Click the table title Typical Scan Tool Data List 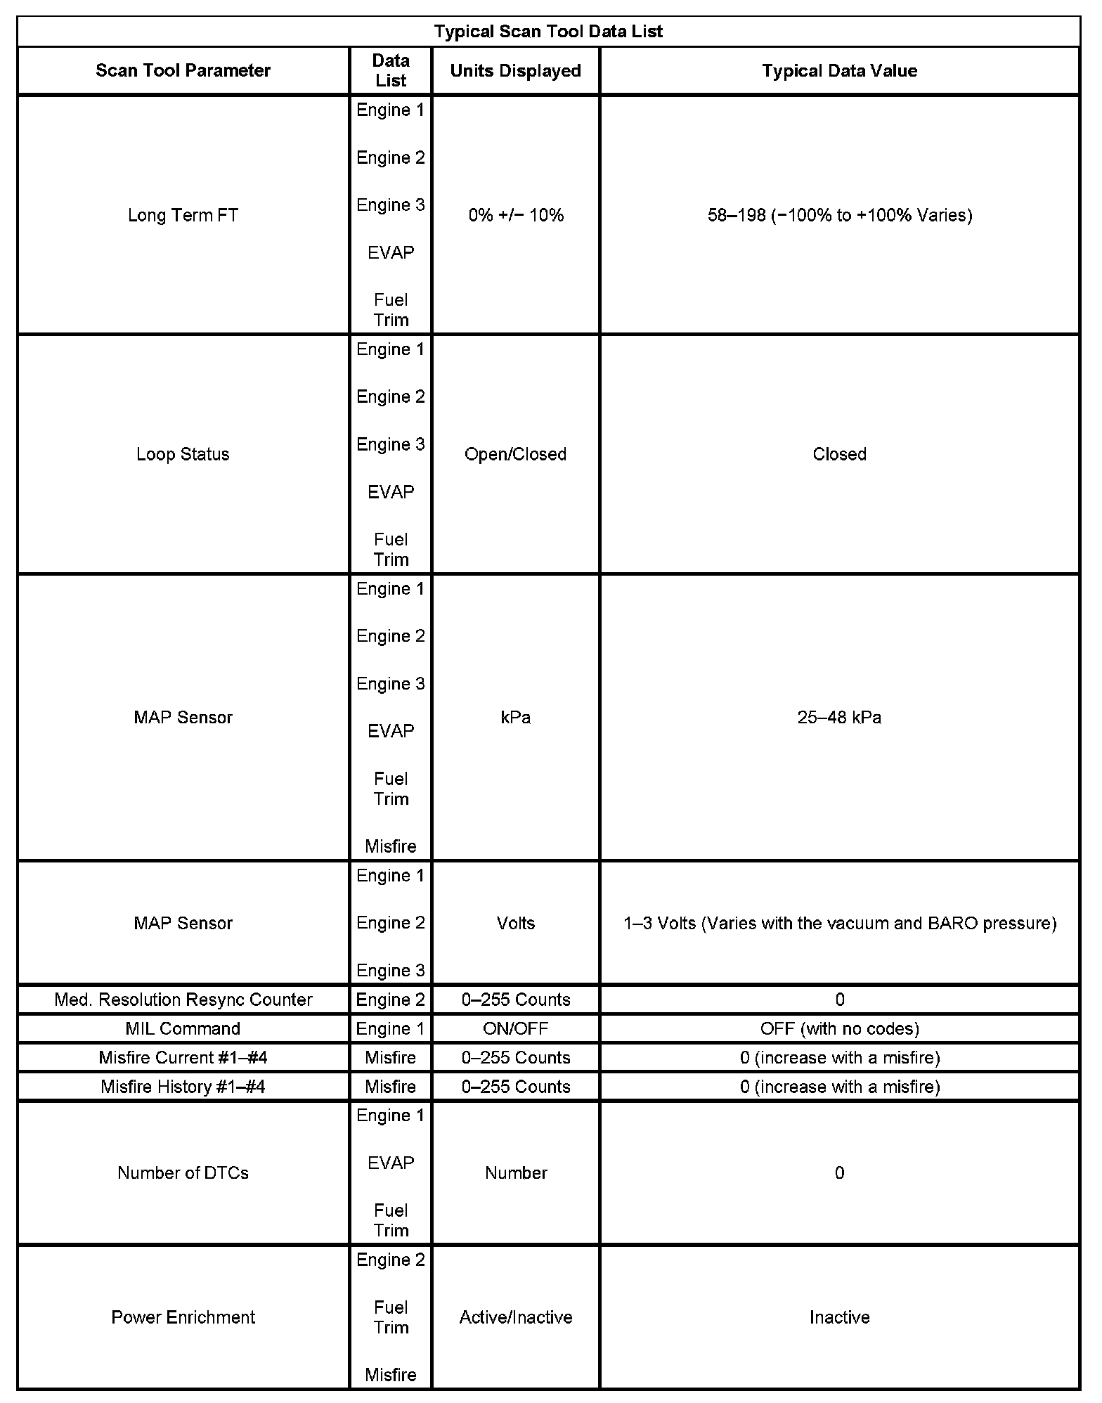(x=548, y=32)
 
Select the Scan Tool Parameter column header (x=183, y=70)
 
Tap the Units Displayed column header (x=515, y=70)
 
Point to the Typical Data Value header (x=839, y=70)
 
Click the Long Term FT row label (x=183, y=215)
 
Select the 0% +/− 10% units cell (x=515, y=215)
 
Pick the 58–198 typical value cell (x=839, y=215)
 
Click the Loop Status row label (x=183, y=454)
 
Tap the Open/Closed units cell (x=515, y=454)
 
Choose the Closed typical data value (x=839, y=454)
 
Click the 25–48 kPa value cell (x=839, y=718)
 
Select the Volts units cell (x=515, y=923)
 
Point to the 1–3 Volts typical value (x=839, y=923)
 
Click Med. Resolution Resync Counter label (x=183, y=1000)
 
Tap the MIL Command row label (x=183, y=1028)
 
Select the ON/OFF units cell (x=515, y=1028)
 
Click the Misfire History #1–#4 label (x=183, y=1087)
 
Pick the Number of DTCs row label (x=183, y=1172)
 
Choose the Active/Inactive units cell (x=515, y=1317)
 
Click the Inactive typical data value (x=839, y=1317)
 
